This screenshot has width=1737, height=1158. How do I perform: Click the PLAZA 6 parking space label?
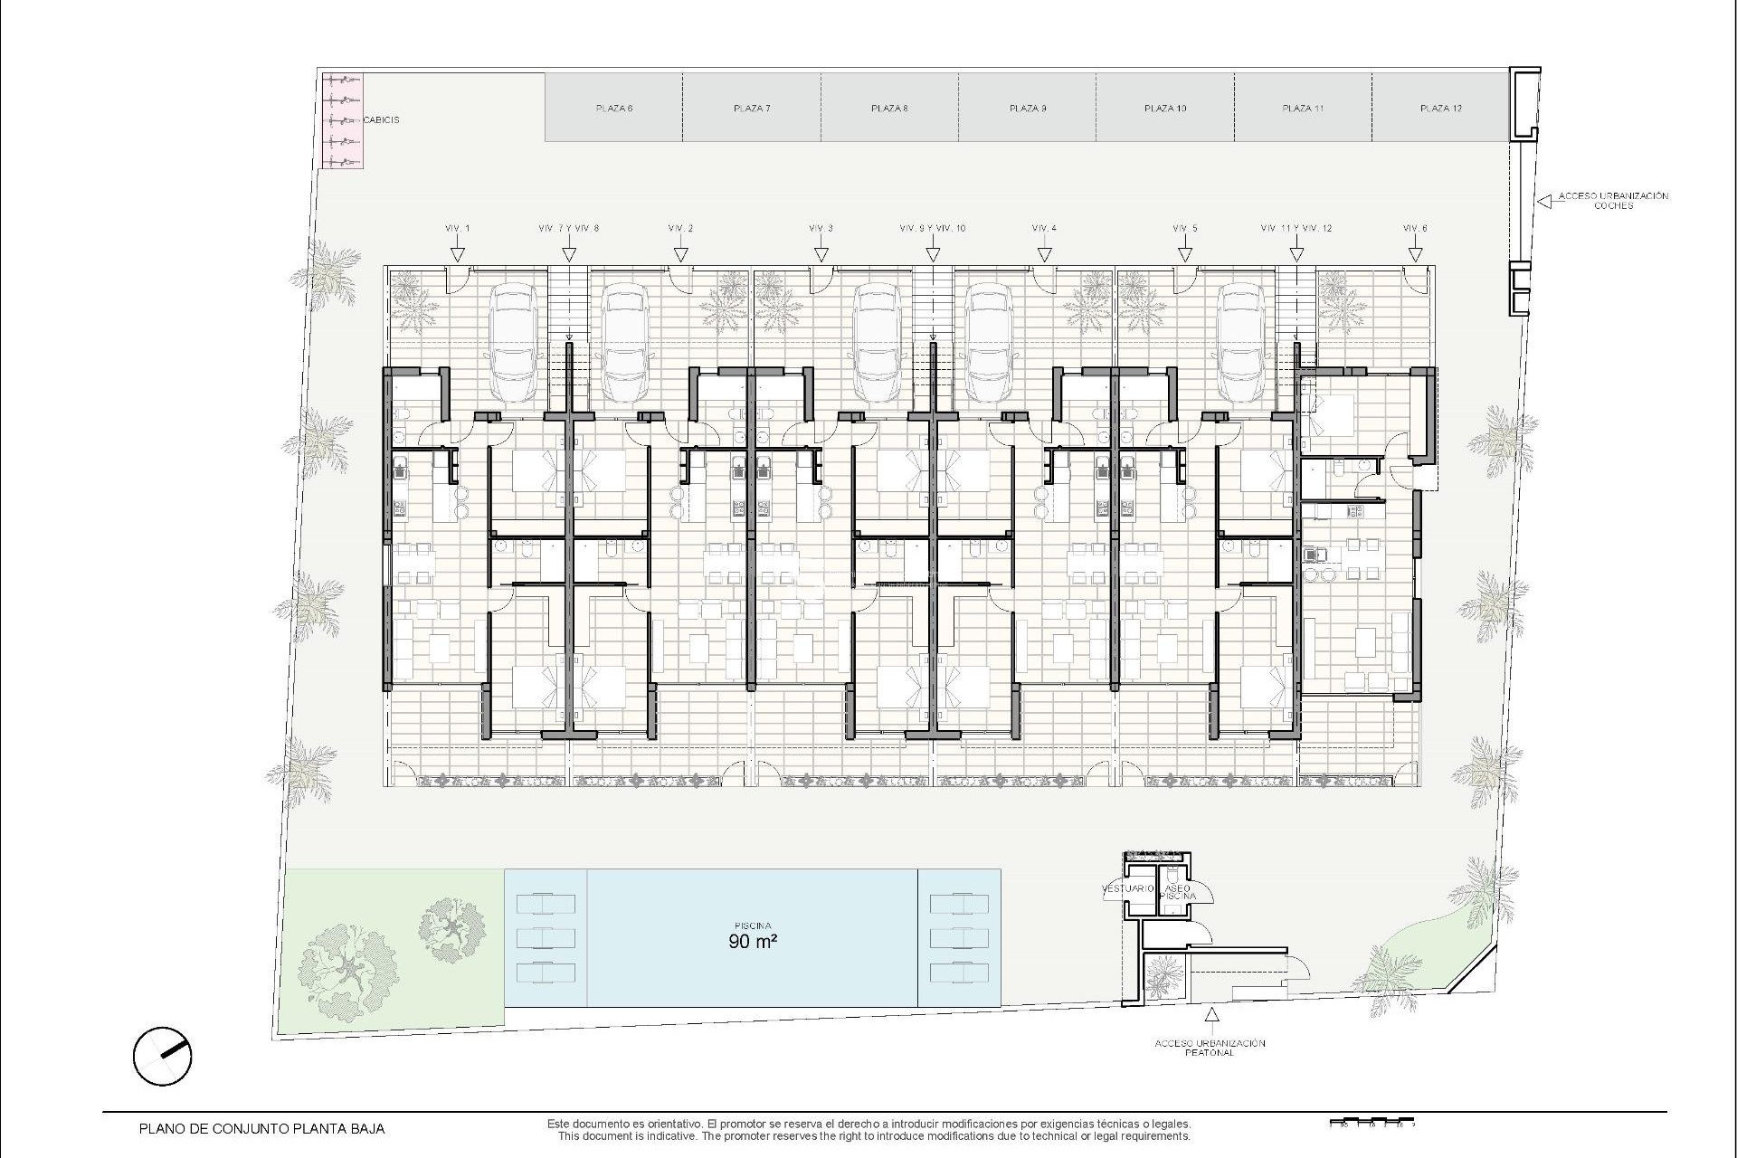(x=613, y=109)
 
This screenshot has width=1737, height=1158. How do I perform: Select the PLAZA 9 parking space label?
(x=1028, y=109)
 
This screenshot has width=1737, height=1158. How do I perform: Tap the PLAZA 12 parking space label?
(x=1440, y=109)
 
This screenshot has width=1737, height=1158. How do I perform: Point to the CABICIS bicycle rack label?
(x=381, y=119)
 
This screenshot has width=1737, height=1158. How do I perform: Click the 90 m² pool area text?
(x=753, y=941)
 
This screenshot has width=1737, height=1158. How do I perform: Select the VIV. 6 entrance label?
(x=1415, y=229)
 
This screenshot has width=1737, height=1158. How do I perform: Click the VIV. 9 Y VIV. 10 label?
(x=933, y=229)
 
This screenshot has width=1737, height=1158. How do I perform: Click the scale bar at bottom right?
(x=1371, y=1125)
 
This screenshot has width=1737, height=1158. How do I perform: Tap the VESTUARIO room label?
(x=1127, y=888)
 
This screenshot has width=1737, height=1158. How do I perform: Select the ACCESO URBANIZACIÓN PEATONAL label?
(x=1210, y=1048)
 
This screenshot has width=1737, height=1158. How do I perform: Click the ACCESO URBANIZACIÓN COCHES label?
(x=1613, y=201)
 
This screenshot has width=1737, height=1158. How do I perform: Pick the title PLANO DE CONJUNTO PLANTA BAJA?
(x=261, y=1128)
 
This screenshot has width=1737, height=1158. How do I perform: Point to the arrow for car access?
(x=1543, y=202)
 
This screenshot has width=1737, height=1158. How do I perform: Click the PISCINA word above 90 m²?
(x=753, y=925)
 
